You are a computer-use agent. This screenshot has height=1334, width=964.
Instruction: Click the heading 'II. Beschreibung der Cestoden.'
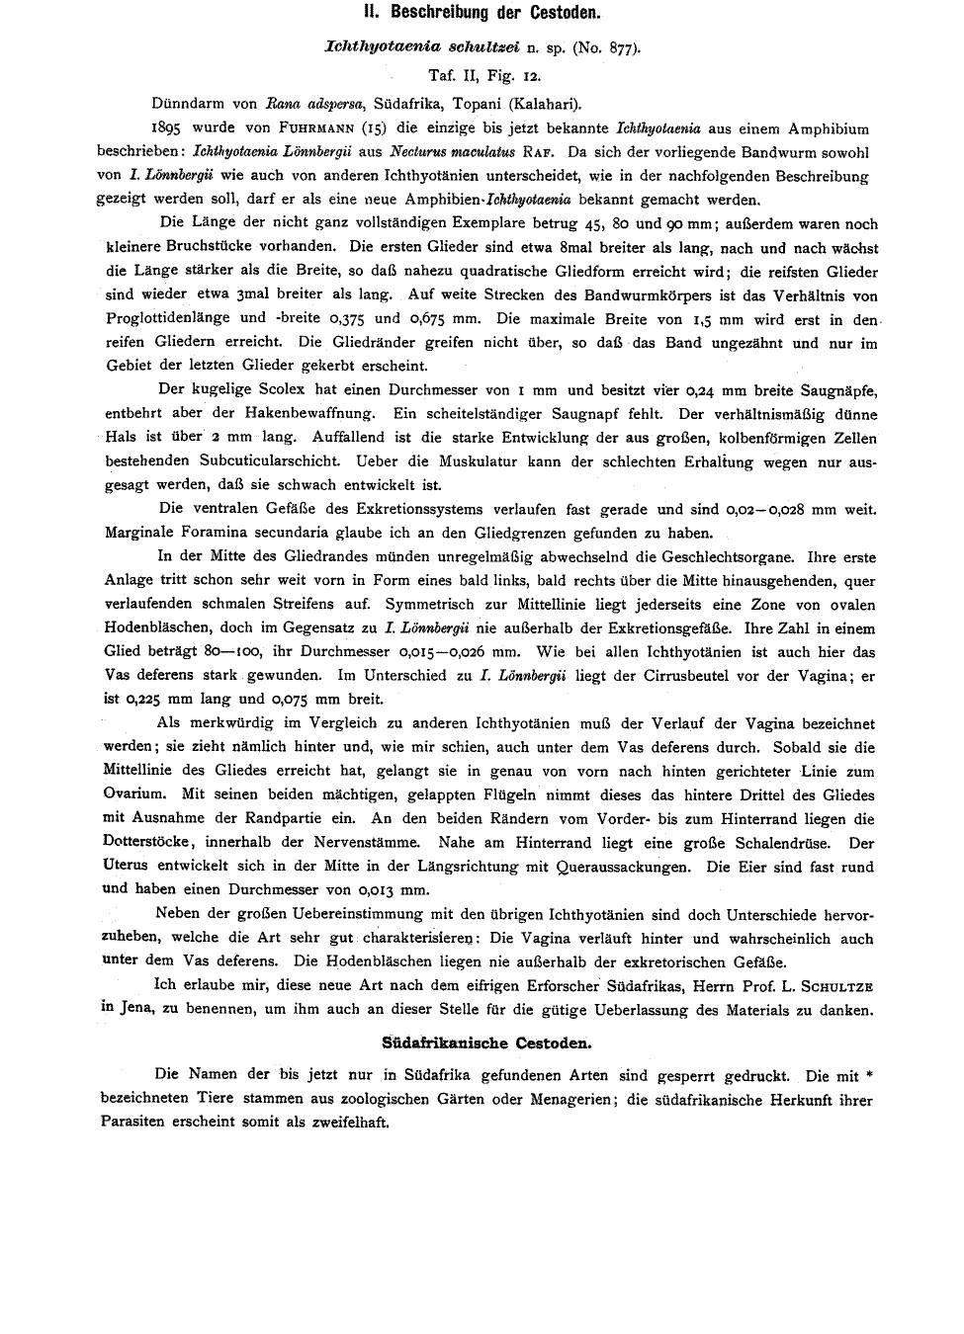[x=482, y=16]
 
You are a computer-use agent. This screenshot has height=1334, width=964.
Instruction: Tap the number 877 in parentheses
[x=619, y=46]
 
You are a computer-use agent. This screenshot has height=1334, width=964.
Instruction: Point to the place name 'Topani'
[x=482, y=103]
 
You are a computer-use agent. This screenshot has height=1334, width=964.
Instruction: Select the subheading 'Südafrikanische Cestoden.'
[x=486, y=1042]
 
